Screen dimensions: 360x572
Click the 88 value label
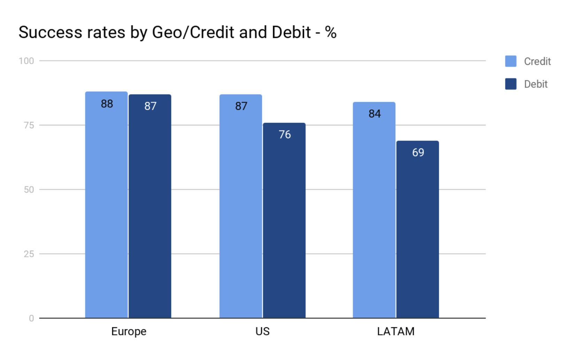pos(107,104)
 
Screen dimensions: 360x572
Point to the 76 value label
pos(285,135)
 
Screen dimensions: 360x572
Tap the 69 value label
pos(418,152)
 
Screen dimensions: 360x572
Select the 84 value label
pos(374,114)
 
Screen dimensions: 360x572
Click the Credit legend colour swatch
pos(510,61)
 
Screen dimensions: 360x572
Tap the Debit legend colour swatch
pos(510,84)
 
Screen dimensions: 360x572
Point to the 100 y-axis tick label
pos(26,61)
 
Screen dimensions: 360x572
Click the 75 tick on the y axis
pos(29,125)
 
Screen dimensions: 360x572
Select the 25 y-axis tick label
pos(29,254)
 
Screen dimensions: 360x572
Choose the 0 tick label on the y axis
pos(31,318)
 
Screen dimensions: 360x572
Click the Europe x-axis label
pos(129,331)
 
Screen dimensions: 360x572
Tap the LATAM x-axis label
pos(396,331)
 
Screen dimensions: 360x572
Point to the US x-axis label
pos(262,331)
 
